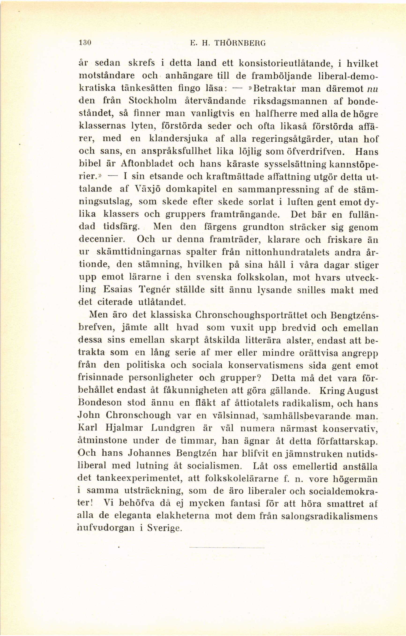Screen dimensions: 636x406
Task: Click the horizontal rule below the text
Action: pyautogui.click(x=227, y=548)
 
